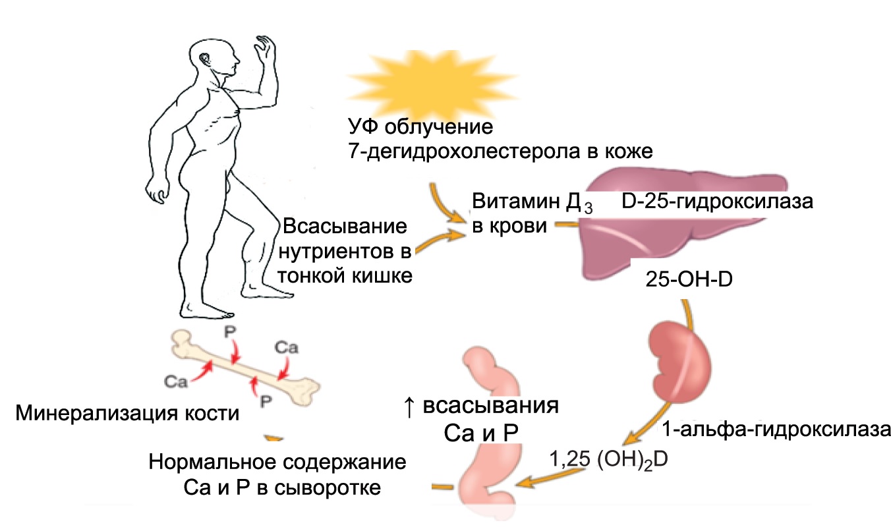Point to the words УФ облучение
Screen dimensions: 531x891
click(x=422, y=126)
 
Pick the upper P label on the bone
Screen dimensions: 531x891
click(x=229, y=331)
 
